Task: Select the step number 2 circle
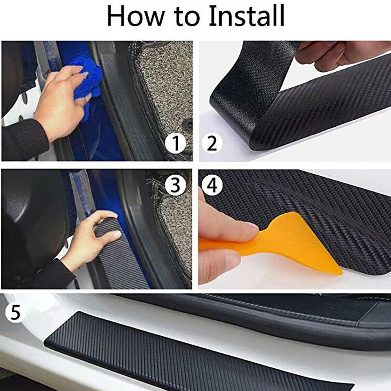[x=212, y=144]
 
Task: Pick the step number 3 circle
[x=176, y=186]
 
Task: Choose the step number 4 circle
[x=212, y=186]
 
